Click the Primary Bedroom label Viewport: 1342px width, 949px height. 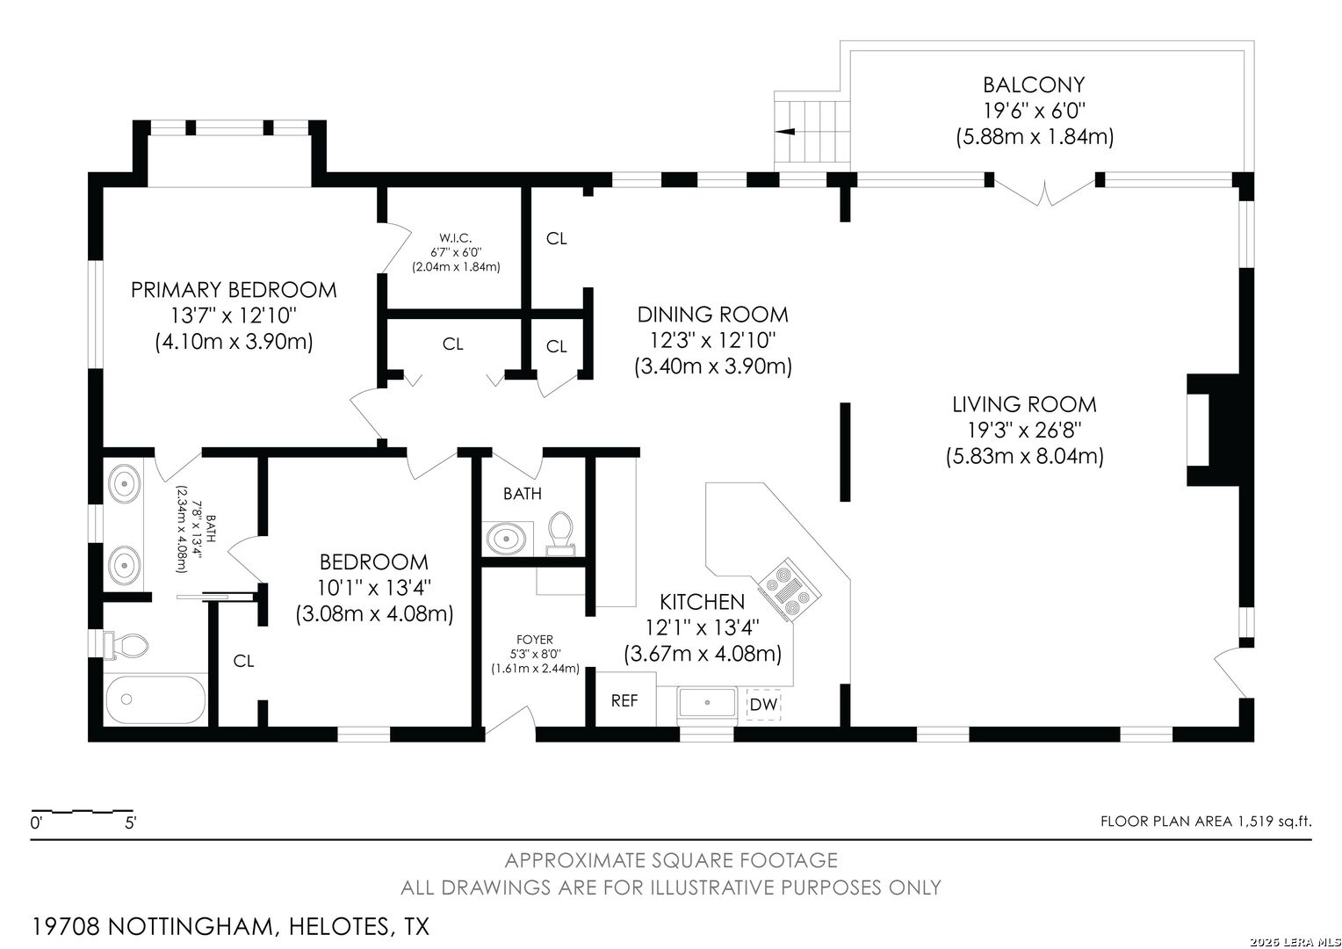(x=234, y=290)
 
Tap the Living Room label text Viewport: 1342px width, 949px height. (x=1024, y=405)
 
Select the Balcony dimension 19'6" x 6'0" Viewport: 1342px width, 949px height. (x=1035, y=111)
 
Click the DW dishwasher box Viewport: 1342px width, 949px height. (x=764, y=705)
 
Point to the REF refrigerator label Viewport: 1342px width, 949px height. (x=624, y=700)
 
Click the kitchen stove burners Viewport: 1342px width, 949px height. (x=790, y=590)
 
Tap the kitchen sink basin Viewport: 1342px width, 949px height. (x=707, y=702)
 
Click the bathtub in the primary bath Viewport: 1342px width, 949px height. (x=155, y=699)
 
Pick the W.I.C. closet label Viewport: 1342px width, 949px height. (x=455, y=238)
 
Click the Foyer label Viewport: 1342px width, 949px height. (x=535, y=640)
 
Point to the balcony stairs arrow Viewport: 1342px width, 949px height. (x=785, y=131)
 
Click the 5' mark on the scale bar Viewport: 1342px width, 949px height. (x=131, y=823)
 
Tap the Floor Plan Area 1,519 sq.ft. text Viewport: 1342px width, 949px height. (x=1206, y=822)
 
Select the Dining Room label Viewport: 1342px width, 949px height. (x=713, y=315)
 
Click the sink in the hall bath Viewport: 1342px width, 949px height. (x=507, y=539)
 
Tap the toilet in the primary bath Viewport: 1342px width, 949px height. (x=126, y=646)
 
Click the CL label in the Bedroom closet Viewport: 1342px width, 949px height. (x=243, y=661)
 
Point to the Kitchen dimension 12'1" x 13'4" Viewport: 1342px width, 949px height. (x=702, y=627)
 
